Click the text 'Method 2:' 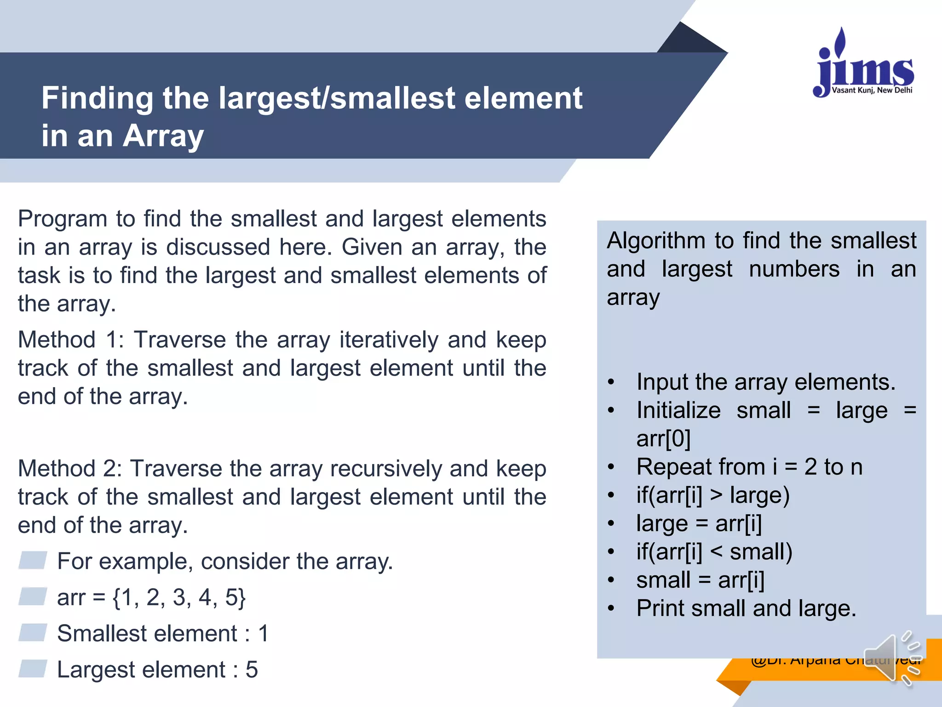tap(69, 469)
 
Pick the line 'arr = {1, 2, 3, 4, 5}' tap(151, 597)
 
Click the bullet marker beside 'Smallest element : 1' tap(33, 632)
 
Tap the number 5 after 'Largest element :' tap(252, 670)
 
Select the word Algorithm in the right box tap(656, 241)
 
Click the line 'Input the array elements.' tap(766, 382)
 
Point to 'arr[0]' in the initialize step tap(663, 439)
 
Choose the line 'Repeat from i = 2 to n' tap(749, 467)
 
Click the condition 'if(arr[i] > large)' tap(713, 495)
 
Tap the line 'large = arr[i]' tap(699, 524)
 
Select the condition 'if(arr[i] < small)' tap(714, 552)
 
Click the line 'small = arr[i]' tap(700, 580)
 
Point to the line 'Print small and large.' tap(746, 608)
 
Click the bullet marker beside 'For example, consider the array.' tap(33, 560)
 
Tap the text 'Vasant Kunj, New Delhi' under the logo tap(872, 90)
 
